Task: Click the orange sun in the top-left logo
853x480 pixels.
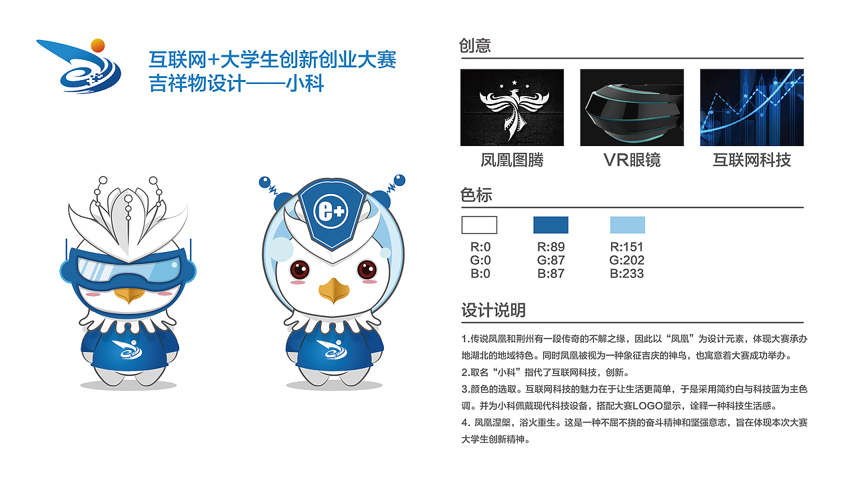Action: [98, 45]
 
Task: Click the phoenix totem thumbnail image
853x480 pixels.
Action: [512, 107]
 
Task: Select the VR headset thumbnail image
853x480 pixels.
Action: [632, 107]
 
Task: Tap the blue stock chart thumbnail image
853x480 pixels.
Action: [752, 107]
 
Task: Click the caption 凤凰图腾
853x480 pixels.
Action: [512, 160]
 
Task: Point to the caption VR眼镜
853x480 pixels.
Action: [632, 160]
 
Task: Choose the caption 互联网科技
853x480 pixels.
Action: [752, 160]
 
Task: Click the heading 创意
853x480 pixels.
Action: [475, 45]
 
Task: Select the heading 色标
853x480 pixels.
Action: [476, 195]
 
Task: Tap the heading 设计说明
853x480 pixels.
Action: [494, 310]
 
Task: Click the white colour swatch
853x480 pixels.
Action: [479, 225]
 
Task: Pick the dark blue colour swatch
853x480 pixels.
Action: [550, 225]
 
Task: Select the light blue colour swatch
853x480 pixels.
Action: [628, 225]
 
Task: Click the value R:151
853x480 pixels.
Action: [626, 247]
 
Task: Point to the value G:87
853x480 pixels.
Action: [550, 260]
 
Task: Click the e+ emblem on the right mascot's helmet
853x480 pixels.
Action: [331, 211]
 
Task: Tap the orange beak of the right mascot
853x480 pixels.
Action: [334, 291]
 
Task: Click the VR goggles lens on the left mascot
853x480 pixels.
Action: [129, 269]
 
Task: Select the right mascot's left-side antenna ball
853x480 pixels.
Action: [265, 182]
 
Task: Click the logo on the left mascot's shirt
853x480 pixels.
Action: [127, 349]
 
